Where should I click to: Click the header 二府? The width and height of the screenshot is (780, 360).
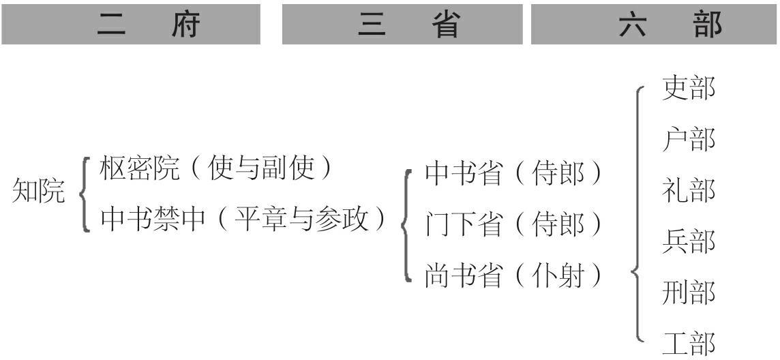click(x=149, y=25)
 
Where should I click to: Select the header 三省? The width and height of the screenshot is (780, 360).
click(x=407, y=25)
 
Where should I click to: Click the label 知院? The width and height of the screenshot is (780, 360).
click(x=39, y=193)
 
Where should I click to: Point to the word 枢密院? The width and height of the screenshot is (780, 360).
click(x=139, y=168)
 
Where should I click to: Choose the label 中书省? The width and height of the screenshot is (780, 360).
click(x=464, y=174)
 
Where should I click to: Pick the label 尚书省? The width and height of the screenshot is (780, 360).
click(x=464, y=275)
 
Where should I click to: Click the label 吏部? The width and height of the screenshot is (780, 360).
click(x=689, y=89)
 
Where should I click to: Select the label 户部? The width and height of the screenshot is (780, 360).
click(x=689, y=140)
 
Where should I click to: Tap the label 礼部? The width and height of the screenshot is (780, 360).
click(x=689, y=190)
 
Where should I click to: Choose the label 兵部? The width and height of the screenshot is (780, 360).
click(x=689, y=241)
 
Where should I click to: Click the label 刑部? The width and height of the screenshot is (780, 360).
click(x=689, y=292)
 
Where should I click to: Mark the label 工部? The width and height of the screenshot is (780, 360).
click(x=689, y=343)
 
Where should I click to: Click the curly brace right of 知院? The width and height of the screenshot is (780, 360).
click(x=85, y=194)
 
